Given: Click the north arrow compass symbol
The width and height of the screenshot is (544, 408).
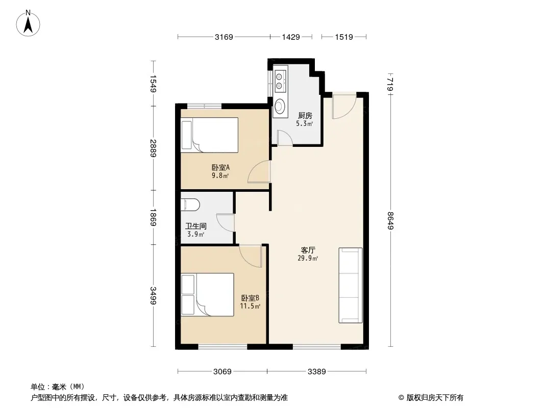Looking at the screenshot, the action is click(x=28, y=23).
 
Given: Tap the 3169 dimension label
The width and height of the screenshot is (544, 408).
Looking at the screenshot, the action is click(x=224, y=37).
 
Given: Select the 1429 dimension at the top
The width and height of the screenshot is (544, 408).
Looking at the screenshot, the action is click(x=291, y=37).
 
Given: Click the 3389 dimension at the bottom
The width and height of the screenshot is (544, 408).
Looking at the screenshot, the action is click(x=317, y=372).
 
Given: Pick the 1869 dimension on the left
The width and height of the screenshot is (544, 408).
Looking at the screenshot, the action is click(x=153, y=217).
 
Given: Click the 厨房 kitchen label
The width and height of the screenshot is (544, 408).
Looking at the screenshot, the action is click(x=305, y=116).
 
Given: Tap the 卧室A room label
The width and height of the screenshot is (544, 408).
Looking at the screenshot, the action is click(x=220, y=168).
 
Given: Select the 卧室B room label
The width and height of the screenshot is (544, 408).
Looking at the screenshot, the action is click(x=250, y=298).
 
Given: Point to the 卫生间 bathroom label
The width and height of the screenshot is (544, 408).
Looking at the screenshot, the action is click(x=196, y=226).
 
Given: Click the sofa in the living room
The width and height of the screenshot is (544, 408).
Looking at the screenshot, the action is click(x=351, y=285).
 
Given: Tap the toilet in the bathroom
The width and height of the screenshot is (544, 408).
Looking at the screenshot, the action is click(x=190, y=205).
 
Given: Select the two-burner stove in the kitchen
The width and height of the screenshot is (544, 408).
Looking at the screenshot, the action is click(x=280, y=81).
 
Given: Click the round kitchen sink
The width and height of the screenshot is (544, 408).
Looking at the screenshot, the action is click(x=280, y=105).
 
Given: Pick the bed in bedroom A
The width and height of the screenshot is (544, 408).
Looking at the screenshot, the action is click(x=210, y=135).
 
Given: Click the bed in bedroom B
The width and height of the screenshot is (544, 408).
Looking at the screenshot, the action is click(x=208, y=295).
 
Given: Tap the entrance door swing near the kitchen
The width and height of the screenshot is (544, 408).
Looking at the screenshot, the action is click(x=343, y=106).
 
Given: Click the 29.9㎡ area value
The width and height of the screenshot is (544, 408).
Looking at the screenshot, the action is click(x=308, y=258).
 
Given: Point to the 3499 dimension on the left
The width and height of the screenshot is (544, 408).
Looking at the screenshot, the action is click(x=153, y=296).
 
